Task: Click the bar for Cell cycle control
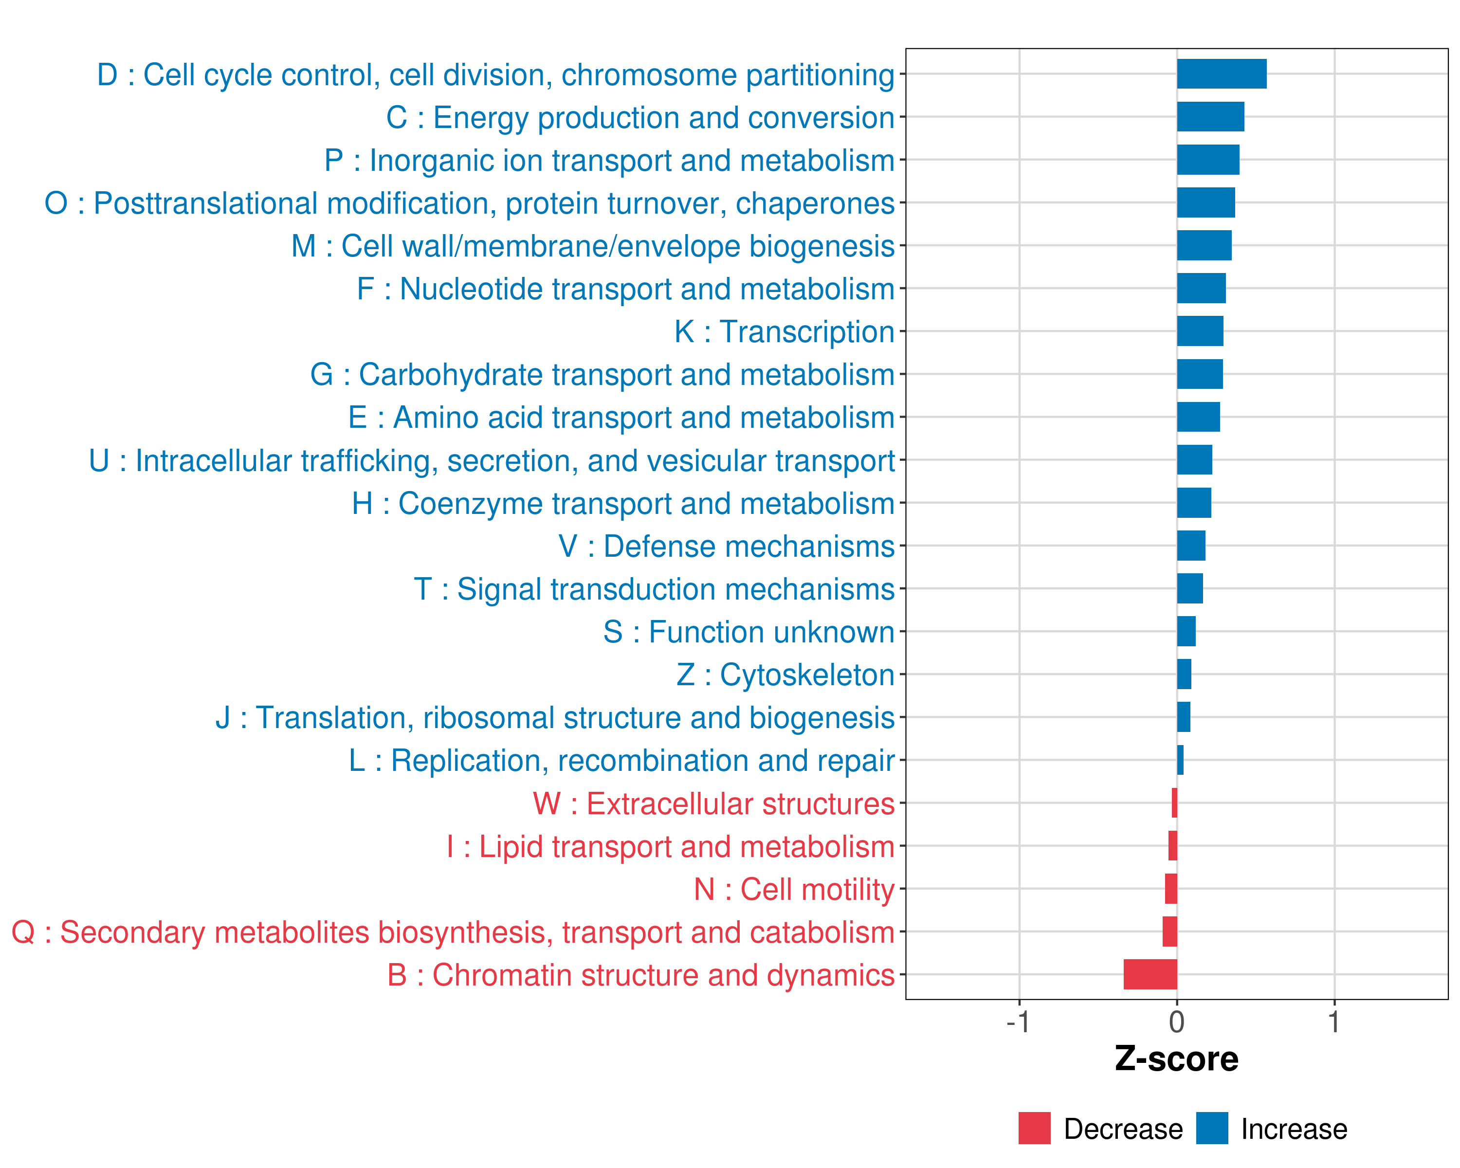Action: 1221,74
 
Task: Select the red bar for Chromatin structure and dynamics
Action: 1150,974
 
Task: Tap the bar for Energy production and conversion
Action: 1210,116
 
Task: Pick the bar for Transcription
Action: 1200,331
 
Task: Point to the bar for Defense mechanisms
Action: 1191,546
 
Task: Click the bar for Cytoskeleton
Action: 1184,675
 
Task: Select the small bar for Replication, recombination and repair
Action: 1180,760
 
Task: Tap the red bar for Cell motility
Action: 1171,888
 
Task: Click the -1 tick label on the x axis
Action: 1018,1022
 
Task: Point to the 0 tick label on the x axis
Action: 1177,1022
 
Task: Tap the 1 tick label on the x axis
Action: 1334,1022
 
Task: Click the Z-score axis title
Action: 1176,1059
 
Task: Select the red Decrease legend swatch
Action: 1034,1128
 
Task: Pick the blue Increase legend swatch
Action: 1211,1128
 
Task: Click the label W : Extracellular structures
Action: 714,803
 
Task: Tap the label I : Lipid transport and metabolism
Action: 671,846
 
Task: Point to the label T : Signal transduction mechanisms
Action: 654,589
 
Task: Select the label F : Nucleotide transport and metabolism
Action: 626,289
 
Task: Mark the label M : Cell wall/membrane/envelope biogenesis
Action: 593,246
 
